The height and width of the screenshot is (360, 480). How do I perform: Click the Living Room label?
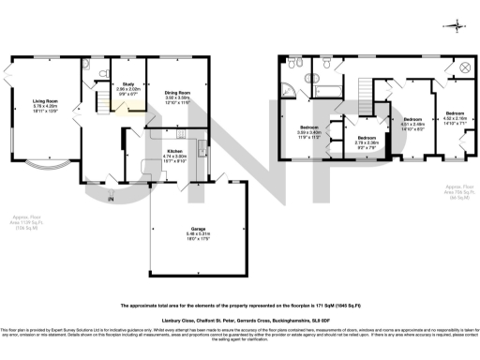pos(46,105)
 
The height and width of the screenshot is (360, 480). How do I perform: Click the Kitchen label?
pos(174,154)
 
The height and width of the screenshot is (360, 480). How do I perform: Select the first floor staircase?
pos(359,90)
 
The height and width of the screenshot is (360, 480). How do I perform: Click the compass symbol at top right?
pos(457,25)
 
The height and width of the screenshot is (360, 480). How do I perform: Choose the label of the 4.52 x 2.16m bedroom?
pos(455,119)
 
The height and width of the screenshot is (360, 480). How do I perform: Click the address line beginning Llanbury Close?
pos(240,319)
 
